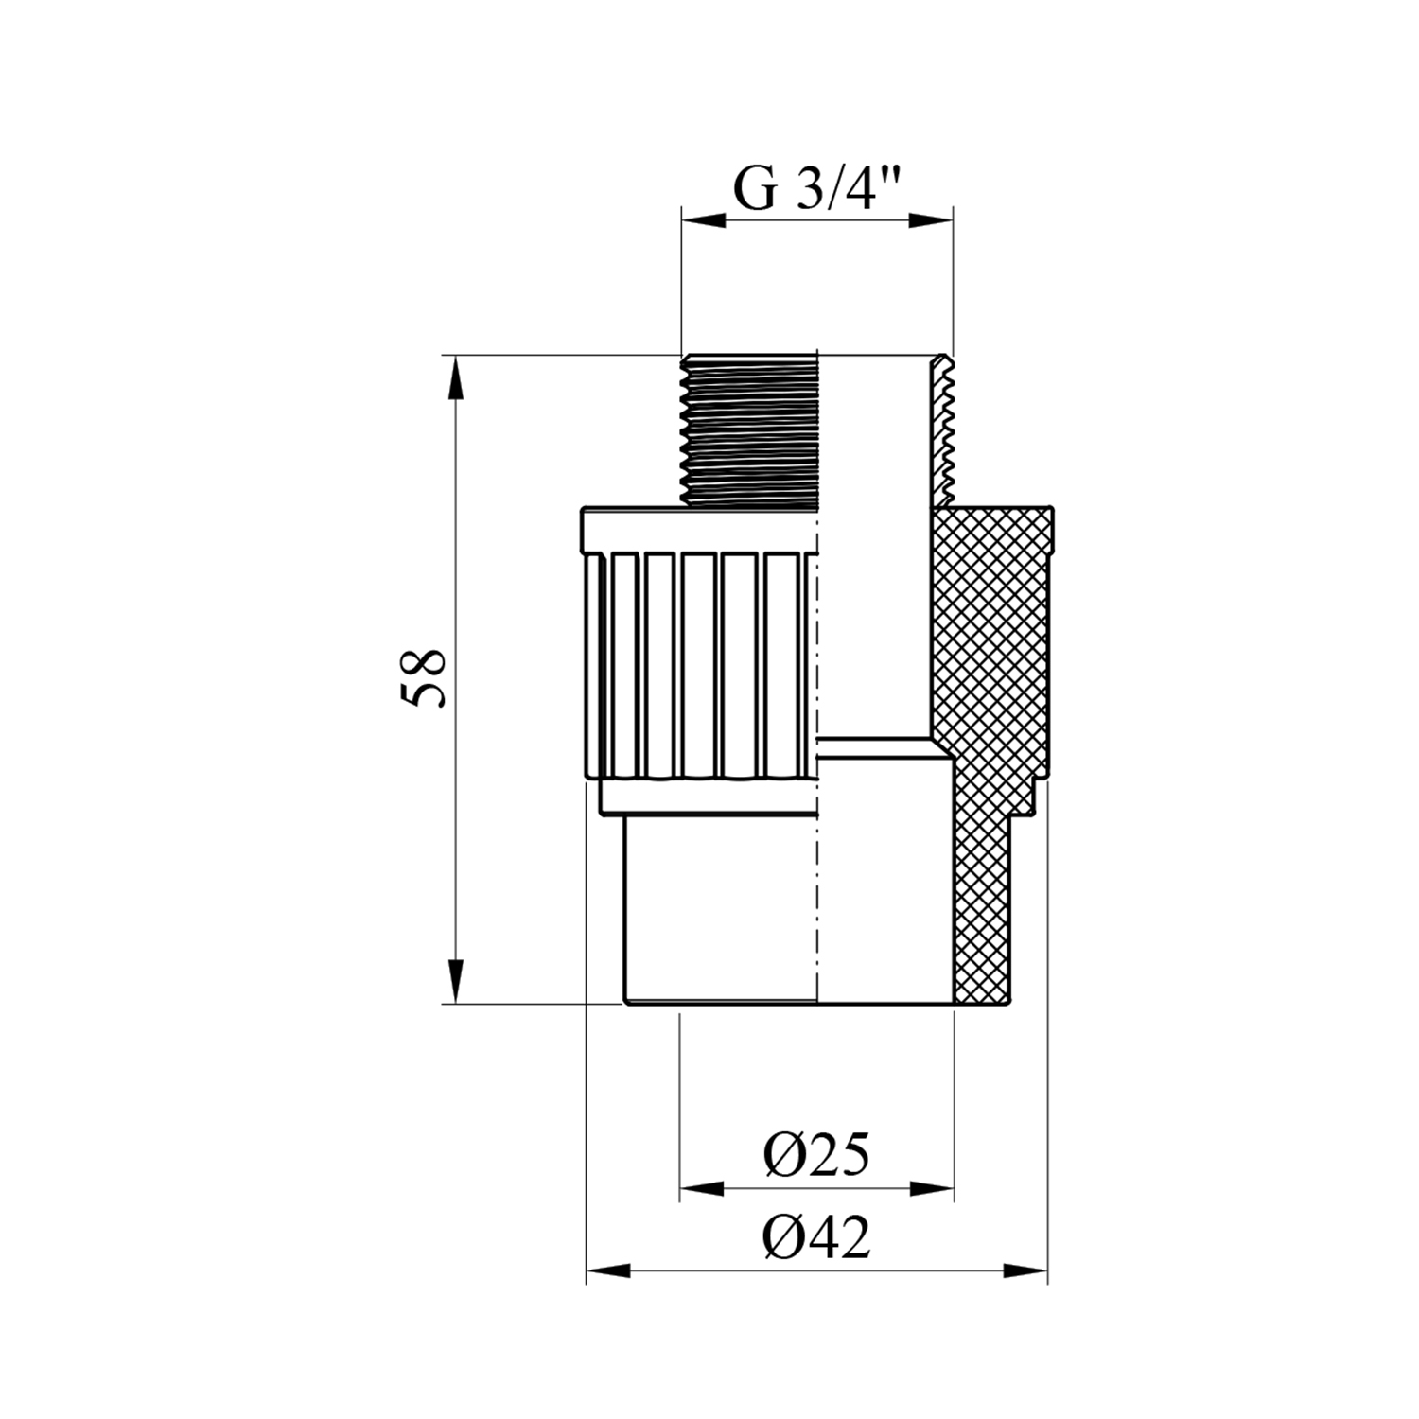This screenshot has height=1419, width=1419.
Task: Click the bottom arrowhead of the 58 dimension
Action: [x=456, y=983]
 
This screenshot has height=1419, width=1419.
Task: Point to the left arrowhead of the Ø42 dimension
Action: [x=608, y=1270]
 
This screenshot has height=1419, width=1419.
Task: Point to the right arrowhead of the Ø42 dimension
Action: [x=1026, y=1270]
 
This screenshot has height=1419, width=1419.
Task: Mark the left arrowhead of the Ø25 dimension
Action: [x=701, y=1188]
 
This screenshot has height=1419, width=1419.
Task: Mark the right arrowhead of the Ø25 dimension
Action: [x=932, y=1188]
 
